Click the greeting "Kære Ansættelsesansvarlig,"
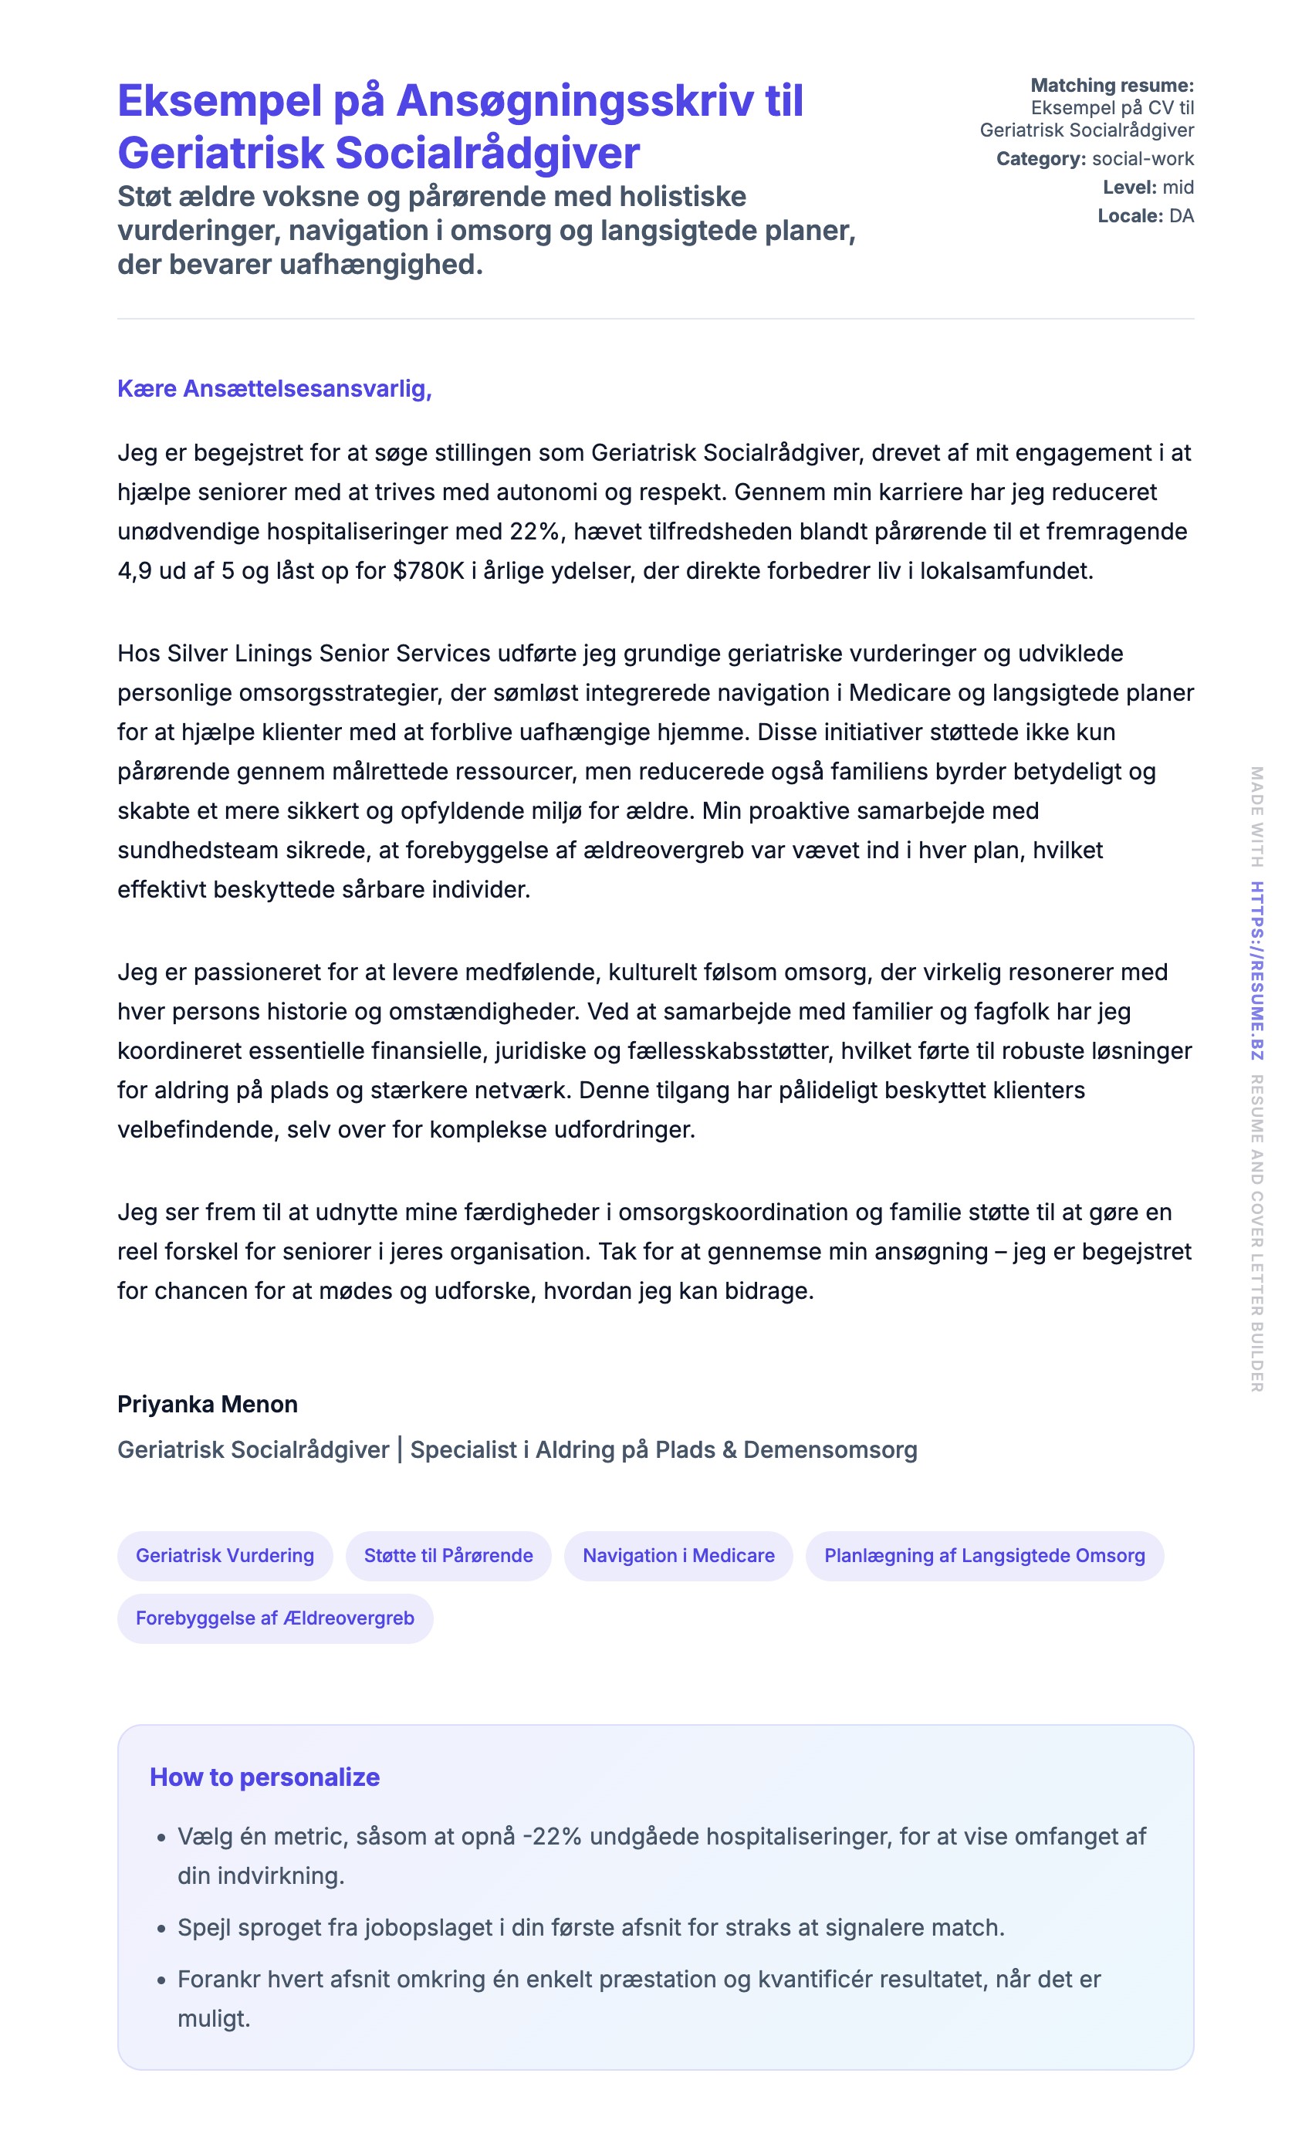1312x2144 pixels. click(274, 388)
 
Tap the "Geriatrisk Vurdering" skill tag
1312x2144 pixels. click(225, 1555)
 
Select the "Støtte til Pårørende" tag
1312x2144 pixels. click(448, 1555)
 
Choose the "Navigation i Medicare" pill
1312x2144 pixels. click(678, 1555)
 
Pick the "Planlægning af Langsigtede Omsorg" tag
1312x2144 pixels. click(984, 1555)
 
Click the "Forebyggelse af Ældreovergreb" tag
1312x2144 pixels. click(275, 1618)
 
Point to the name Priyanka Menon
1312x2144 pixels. click(207, 1404)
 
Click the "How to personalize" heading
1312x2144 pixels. click(265, 1776)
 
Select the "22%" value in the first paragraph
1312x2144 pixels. click(534, 532)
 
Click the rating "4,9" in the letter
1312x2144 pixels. click(135, 571)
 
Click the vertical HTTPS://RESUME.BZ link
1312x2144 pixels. click(1256, 969)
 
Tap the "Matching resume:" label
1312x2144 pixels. click(1111, 85)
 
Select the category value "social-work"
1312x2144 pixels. click(1142, 158)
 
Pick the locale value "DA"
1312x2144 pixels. click(1181, 216)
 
